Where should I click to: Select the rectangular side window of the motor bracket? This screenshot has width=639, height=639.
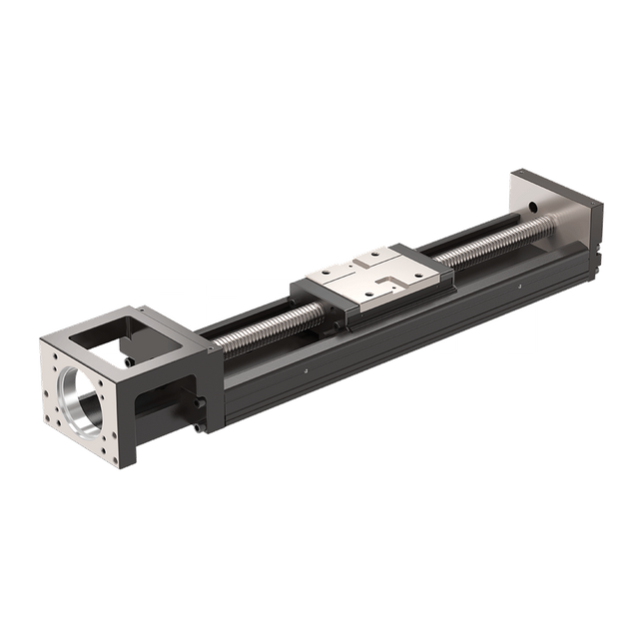click(x=166, y=398)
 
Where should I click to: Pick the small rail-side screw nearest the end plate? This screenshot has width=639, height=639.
click(x=519, y=288)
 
